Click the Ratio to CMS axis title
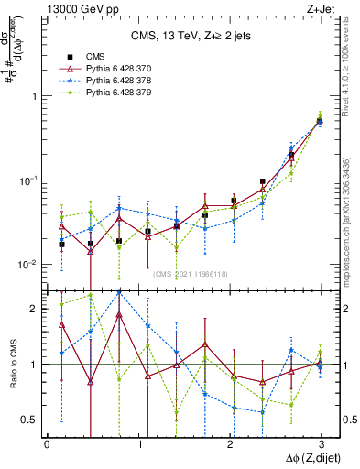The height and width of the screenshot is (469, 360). (x=12, y=365)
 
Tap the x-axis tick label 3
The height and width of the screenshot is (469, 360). (x=321, y=444)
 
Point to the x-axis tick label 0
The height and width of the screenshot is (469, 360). (x=47, y=444)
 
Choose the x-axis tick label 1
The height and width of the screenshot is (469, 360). (x=138, y=444)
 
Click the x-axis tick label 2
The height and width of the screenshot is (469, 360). (x=230, y=444)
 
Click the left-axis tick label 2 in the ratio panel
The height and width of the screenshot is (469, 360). (x=34, y=310)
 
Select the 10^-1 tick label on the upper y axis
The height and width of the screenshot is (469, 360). (x=27, y=180)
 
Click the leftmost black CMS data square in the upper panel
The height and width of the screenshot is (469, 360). (x=61, y=245)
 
